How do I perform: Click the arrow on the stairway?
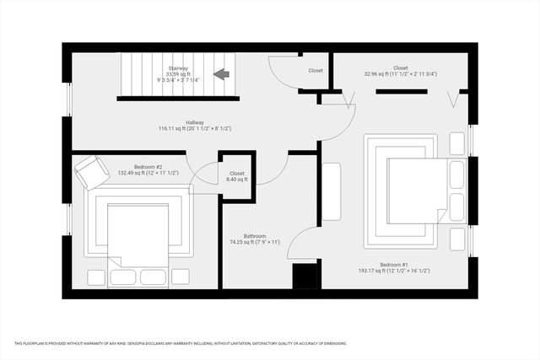pyautogui.click(x=223, y=74)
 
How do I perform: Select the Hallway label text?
pyautogui.click(x=172, y=122)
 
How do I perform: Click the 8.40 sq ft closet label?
pyautogui.click(x=236, y=175)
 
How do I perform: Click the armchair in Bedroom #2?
pyautogui.click(x=91, y=172)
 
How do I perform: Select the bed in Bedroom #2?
pyautogui.click(x=140, y=236)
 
